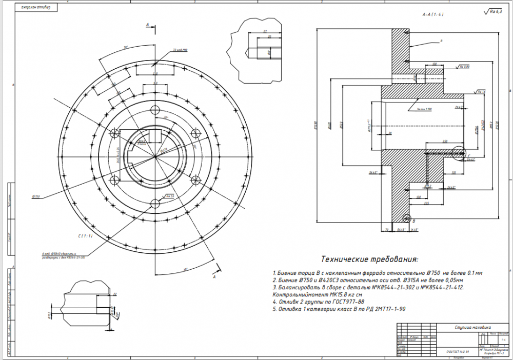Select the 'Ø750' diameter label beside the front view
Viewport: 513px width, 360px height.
click(36, 196)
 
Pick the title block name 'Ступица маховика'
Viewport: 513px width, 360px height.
click(472, 327)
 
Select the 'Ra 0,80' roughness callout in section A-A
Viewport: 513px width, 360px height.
click(465, 67)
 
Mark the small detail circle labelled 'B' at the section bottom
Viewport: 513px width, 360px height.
click(407, 217)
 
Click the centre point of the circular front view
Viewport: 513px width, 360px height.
click(154, 155)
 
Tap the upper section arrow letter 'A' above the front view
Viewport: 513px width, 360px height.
click(148, 25)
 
